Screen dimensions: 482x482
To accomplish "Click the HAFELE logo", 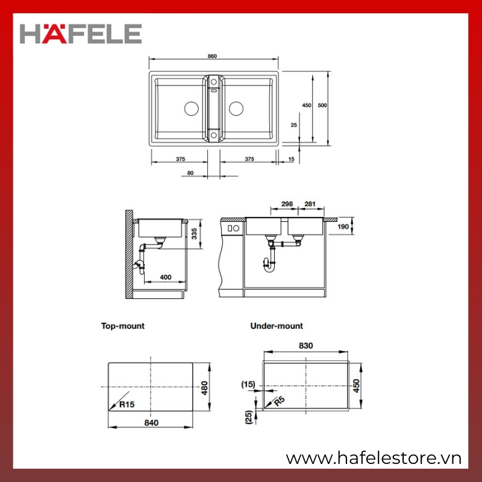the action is (x=81, y=34).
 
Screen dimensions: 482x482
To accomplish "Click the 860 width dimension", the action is (x=212, y=56).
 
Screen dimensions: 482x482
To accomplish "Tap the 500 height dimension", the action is (x=322, y=105).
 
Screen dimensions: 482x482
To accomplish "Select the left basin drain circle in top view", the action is (x=191, y=108).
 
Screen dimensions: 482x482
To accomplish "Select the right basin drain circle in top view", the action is (x=236, y=108).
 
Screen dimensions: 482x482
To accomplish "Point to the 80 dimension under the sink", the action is (x=190, y=173).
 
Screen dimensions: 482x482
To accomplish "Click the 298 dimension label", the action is (x=287, y=204).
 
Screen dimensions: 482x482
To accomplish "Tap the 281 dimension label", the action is (x=310, y=204).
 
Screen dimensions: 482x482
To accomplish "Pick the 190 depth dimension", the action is (x=343, y=227).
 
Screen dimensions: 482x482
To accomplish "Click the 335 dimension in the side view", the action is (x=194, y=234).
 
